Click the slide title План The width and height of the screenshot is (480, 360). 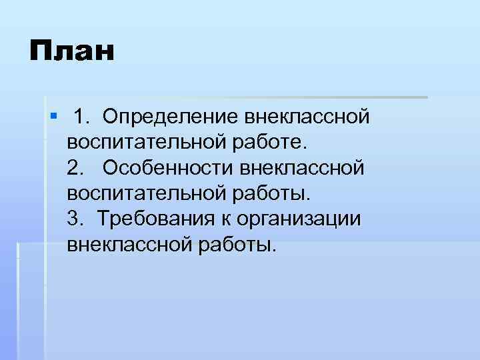coord(71,51)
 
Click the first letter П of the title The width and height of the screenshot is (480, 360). coord(39,51)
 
